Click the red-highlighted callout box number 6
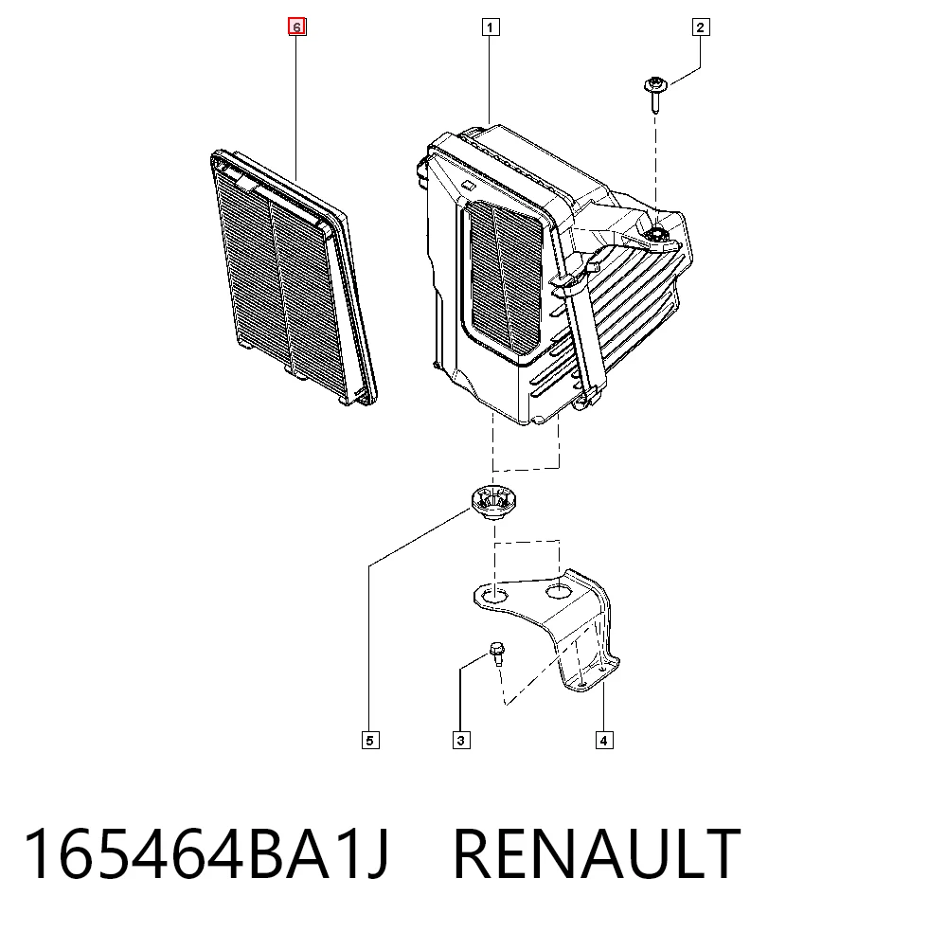pos(296,27)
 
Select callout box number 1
pos(491,27)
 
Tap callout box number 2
pos(701,27)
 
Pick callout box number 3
pos(461,741)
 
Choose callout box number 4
pos(604,741)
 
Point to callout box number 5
pos(371,741)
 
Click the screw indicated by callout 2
pos(655,94)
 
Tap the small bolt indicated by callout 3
pos(497,653)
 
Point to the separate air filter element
pos(293,277)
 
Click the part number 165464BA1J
pos(206,853)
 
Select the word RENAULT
pos(597,853)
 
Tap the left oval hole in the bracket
pos(494,596)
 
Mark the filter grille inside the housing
pos(506,277)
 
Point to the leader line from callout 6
pos(295,109)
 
